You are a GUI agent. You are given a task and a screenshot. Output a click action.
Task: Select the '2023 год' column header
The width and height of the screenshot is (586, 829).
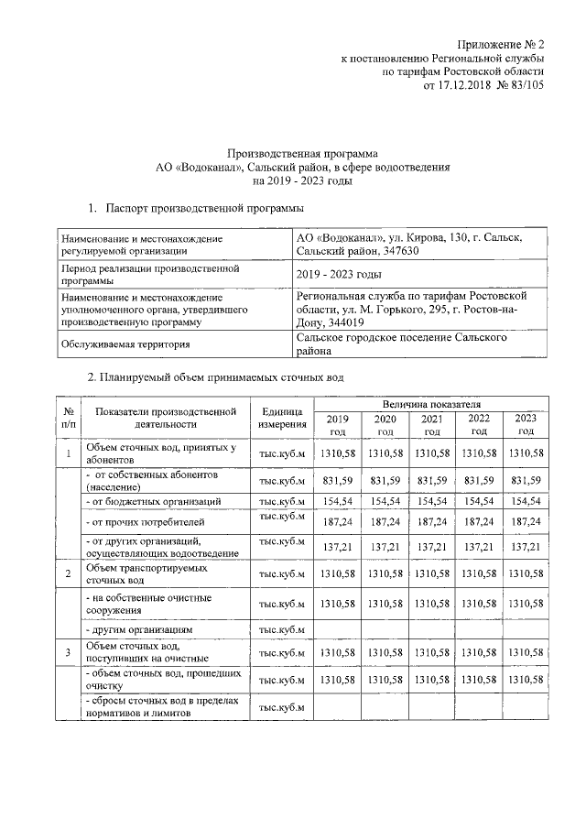click(x=526, y=424)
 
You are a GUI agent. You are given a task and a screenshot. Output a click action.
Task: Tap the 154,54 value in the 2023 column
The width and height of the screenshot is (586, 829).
click(x=526, y=502)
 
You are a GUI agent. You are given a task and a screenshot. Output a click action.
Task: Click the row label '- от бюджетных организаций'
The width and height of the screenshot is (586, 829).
click(x=154, y=502)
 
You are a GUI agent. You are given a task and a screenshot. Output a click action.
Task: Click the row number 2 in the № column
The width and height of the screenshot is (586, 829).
click(x=68, y=573)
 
